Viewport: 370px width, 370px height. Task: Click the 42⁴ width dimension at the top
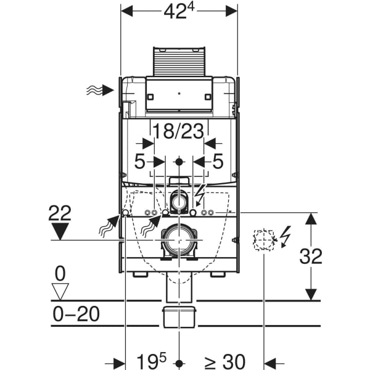click(x=179, y=11)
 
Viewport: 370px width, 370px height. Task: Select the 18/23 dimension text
click(x=178, y=131)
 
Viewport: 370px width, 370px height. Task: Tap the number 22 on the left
click(x=60, y=213)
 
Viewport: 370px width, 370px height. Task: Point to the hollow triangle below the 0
click(x=60, y=292)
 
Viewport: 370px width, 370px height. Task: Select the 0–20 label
click(x=76, y=314)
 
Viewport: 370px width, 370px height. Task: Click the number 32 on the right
click(x=311, y=257)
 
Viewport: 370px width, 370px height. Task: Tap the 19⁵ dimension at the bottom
click(x=152, y=360)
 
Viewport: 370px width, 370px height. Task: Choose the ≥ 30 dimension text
click(x=225, y=361)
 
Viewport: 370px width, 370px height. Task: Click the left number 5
click(x=139, y=162)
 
